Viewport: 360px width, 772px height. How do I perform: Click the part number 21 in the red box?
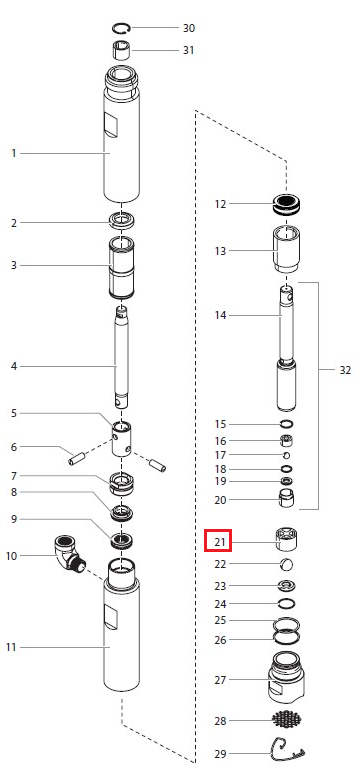point(220,543)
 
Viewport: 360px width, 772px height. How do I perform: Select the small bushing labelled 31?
point(121,51)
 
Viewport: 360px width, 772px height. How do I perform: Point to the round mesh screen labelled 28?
point(287,719)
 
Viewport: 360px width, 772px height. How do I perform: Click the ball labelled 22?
point(287,565)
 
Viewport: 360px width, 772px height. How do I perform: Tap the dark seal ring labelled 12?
point(288,204)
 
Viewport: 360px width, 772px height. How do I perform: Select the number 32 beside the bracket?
point(345,370)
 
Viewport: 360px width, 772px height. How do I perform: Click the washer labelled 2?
point(121,220)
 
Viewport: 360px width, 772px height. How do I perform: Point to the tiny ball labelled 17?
point(287,455)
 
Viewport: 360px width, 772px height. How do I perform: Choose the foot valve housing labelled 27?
point(287,678)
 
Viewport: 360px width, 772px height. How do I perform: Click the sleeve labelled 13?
point(287,248)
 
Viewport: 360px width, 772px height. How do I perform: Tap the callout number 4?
point(14,366)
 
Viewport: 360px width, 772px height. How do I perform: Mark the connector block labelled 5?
point(121,438)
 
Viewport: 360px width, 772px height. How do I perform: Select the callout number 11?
point(11,647)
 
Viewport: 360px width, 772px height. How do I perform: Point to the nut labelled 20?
point(287,498)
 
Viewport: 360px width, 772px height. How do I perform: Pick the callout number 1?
point(14,153)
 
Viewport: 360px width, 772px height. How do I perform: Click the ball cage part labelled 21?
point(287,541)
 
